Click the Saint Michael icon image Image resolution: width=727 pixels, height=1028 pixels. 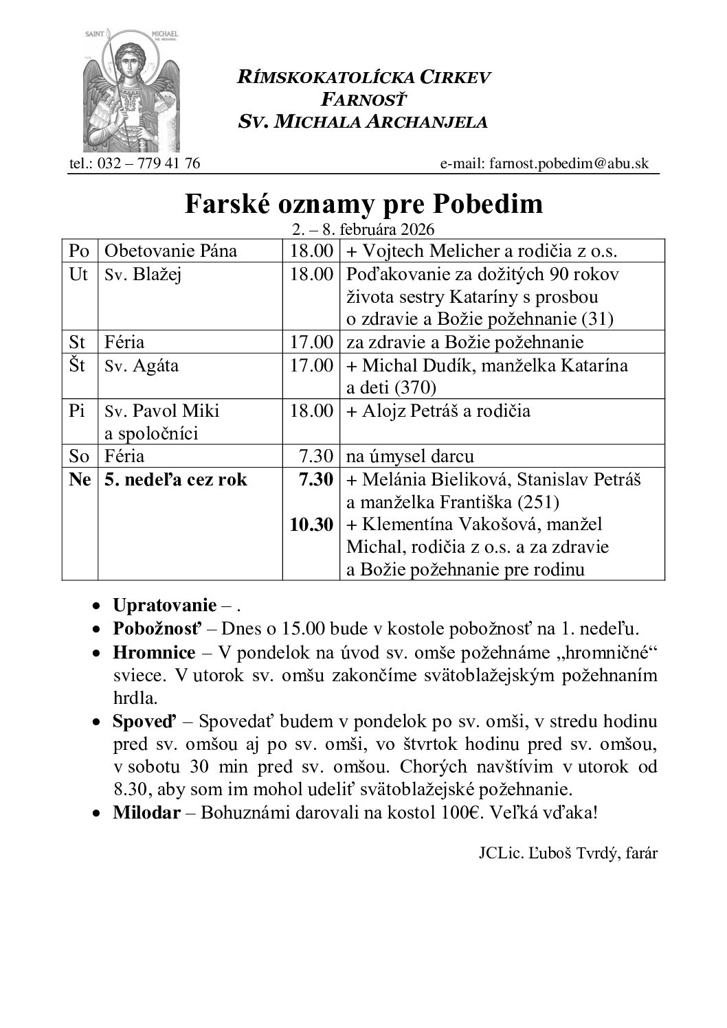click(131, 91)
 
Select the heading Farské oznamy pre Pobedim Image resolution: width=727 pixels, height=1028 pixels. click(363, 204)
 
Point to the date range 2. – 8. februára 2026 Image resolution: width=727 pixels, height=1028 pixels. click(363, 229)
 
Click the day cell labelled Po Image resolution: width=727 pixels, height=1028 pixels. click(79, 251)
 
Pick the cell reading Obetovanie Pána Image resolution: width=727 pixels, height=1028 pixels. click(170, 251)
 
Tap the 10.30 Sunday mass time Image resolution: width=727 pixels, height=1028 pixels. click(311, 525)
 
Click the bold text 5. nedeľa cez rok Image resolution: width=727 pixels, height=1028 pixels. click(176, 479)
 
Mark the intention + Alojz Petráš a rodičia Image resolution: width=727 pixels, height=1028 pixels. click(439, 411)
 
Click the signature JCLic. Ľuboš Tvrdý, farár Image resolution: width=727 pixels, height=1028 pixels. click(568, 854)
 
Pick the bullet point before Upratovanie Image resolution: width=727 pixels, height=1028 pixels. click(100, 606)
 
